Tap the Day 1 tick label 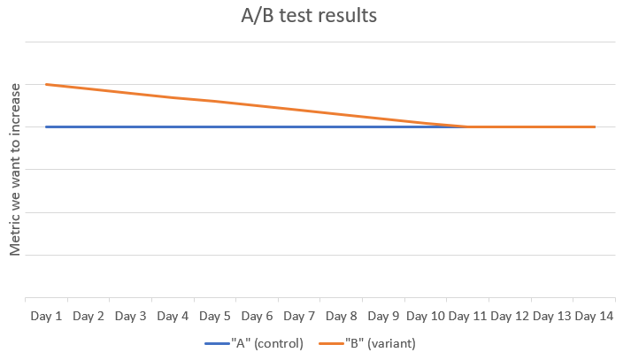coord(46,316)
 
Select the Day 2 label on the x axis coord(88,316)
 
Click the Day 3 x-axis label coord(131,316)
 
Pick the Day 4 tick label coord(173,316)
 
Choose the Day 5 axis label coord(215,316)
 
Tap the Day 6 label coord(258,316)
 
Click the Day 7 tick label coord(299,316)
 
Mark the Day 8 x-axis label coord(342,316)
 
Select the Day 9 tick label coord(384,316)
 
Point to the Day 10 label coord(426,316)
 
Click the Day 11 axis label coord(468,316)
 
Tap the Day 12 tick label coord(511,316)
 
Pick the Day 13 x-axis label coord(552,316)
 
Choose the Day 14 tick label coord(595,316)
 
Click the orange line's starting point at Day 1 coord(46,85)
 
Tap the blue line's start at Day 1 coord(46,127)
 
